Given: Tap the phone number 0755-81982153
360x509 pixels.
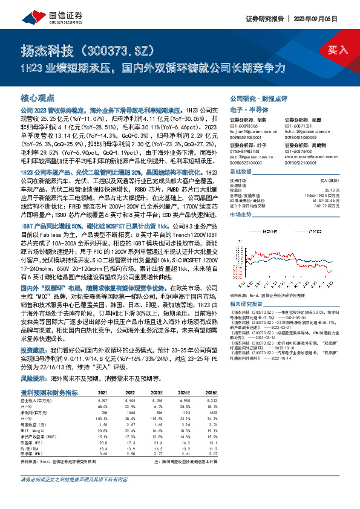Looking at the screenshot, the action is coord(247,151).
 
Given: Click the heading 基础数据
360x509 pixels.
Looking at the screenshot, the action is coord(241,172).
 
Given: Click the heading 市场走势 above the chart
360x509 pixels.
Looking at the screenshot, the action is coord(241,215).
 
